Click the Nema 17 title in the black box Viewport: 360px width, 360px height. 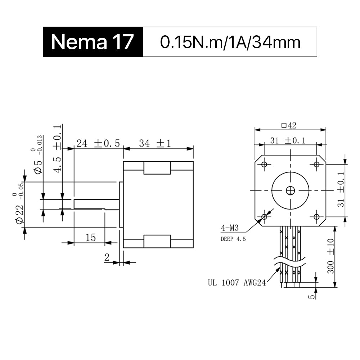pos(92,42)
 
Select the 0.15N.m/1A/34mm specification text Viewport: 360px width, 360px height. pos(230,42)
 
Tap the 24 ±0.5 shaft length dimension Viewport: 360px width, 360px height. pos(98,144)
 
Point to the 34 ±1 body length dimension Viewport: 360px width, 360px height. pos(155,144)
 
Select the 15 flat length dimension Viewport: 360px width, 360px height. pos(90,238)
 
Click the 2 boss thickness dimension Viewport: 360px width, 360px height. pos(107,257)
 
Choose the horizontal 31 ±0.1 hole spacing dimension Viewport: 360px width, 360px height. pos(288,140)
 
